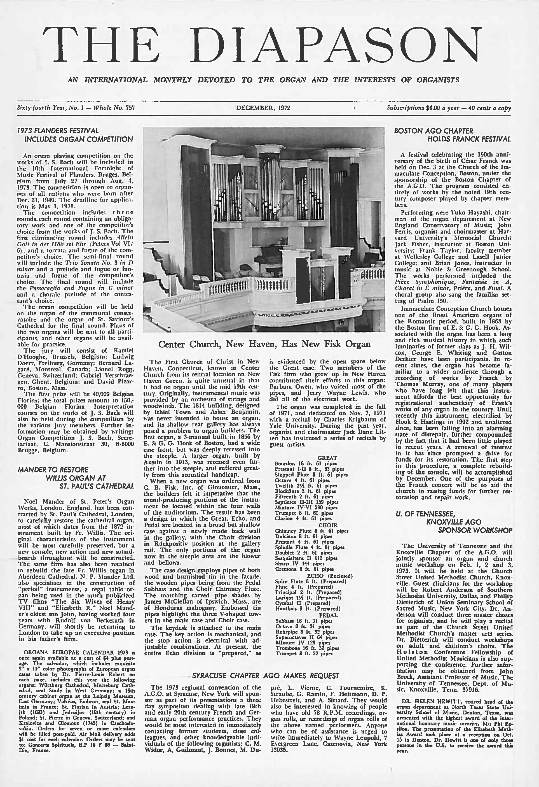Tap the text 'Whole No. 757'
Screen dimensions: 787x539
[114, 108]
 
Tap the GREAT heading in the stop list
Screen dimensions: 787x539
[327, 458]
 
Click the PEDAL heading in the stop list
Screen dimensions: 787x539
[328, 615]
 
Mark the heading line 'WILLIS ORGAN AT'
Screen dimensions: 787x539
[76, 478]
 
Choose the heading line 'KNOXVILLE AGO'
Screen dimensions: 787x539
[453, 522]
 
